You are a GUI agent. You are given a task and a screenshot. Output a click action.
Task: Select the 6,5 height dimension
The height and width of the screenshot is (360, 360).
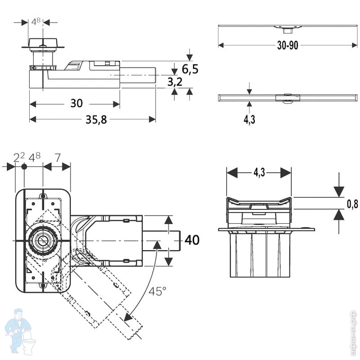coord(190,69)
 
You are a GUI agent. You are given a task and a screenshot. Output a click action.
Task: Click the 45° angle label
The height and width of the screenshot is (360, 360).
coord(158,291)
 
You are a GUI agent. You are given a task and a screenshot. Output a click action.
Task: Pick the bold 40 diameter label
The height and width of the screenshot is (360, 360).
coord(192,240)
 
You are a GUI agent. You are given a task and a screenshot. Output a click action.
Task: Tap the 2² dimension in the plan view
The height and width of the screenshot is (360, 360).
coord(19,157)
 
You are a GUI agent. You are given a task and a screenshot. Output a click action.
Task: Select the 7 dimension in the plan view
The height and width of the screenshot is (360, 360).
coord(58,157)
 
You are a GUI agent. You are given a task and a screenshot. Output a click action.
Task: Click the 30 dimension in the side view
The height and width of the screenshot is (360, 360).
coord(76,103)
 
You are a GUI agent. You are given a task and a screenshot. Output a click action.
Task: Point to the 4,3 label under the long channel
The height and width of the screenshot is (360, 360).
coord(250,120)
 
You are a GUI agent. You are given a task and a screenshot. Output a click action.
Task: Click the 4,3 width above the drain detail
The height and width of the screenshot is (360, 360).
coord(259,172)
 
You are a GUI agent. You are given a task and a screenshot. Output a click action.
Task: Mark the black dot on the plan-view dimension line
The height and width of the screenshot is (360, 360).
coord(24,166)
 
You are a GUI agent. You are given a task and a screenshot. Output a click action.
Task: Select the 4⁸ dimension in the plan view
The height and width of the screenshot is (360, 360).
coord(35,157)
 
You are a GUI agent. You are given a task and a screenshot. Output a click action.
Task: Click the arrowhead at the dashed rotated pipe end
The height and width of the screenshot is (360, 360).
coord(128,317)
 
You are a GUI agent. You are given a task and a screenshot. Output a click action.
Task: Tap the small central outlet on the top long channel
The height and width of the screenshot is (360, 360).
coord(286,31)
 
